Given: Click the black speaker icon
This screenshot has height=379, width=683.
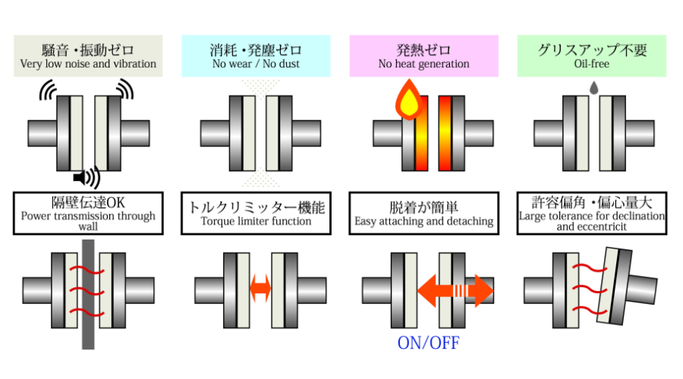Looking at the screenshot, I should [87, 177].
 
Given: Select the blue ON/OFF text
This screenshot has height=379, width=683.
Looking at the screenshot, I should [429, 343].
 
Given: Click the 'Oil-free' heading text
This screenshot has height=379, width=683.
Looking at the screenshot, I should [592, 64].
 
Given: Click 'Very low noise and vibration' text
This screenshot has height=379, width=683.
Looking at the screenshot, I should [88, 64].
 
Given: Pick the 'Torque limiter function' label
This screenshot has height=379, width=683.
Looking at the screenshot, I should [257, 222].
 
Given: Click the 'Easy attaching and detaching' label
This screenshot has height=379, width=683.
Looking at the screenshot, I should [423, 222].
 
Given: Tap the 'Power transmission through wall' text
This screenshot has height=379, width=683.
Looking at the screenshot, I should [88, 221].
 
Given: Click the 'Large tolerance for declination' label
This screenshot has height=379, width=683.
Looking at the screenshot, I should [592, 217].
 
